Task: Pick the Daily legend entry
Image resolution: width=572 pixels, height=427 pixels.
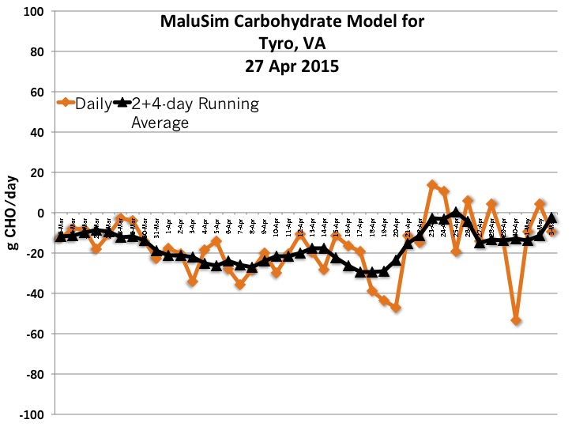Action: pyautogui.click(x=84, y=104)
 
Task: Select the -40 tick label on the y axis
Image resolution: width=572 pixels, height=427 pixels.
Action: pyautogui.click(x=34, y=293)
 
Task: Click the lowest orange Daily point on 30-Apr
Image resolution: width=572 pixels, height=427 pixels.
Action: pyautogui.click(x=516, y=320)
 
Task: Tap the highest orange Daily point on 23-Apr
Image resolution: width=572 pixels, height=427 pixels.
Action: pyautogui.click(x=432, y=185)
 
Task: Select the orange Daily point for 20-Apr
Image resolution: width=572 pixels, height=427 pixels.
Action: pyautogui.click(x=396, y=308)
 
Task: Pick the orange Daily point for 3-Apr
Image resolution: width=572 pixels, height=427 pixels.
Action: pyautogui.click(x=192, y=282)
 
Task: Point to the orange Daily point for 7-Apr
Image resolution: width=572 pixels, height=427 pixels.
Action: pyautogui.click(x=240, y=284)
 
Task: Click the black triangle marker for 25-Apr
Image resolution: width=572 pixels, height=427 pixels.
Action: pyautogui.click(x=456, y=213)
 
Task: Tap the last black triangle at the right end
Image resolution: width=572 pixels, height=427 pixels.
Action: pyautogui.click(x=552, y=218)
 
